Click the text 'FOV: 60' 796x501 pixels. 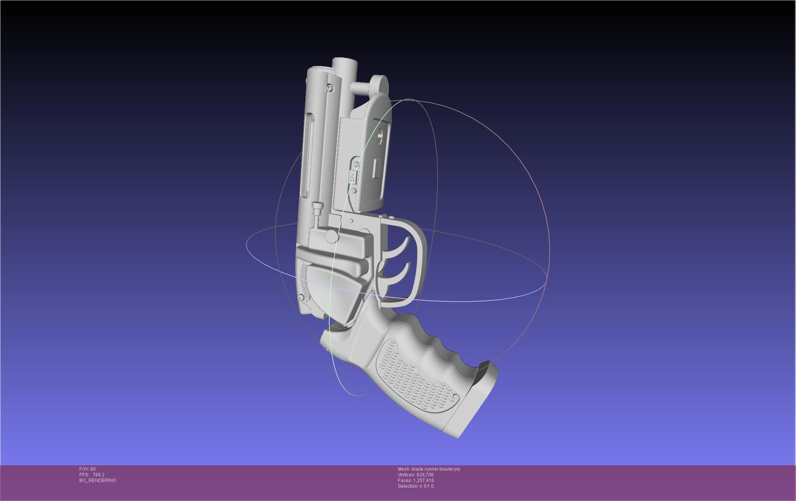(x=87, y=469)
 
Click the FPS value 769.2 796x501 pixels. (x=98, y=475)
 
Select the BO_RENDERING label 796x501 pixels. (x=98, y=481)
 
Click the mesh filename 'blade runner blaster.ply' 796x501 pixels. (x=436, y=469)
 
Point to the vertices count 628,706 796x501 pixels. (x=425, y=475)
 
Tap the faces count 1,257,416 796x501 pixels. (x=423, y=481)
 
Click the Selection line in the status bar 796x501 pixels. (x=415, y=486)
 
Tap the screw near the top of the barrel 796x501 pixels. (x=329, y=88)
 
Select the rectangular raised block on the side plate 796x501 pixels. (x=377, y=169)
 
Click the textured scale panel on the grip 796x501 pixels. (x=414, y=376)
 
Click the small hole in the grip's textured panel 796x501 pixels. (x=454, y=397)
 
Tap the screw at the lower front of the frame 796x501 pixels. (x=302, y=297)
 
